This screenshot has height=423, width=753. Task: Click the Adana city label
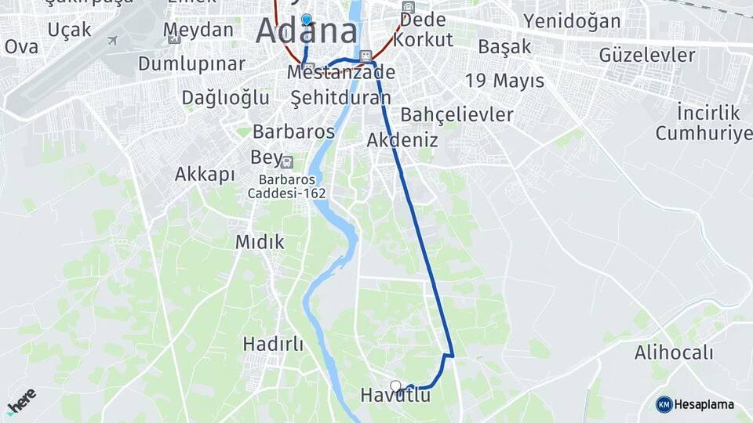(307, 32)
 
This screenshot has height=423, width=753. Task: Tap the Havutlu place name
(395, 396)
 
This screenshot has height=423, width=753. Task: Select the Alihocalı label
(674, 352)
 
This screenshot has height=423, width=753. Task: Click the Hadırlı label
(273, 344)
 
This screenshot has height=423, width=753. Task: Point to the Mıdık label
(260, 242)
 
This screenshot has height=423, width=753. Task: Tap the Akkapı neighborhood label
(205, 174)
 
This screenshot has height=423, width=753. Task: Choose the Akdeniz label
(402, 140)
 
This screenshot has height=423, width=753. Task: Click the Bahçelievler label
(457, 114)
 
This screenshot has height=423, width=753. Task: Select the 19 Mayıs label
(504, 80)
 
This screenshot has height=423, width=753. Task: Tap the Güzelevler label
(647, 56)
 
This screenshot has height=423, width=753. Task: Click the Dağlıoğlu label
(225, 98)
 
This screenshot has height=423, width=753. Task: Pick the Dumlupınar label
(192, 63)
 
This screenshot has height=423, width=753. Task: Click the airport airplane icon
(112, 40)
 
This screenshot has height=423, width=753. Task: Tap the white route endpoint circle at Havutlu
(396, 386)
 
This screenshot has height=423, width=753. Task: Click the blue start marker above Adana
(306, 20)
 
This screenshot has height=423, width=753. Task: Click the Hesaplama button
(695, 404)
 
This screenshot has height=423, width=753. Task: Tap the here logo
(21, 401)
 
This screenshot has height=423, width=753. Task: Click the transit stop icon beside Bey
(287, 162)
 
